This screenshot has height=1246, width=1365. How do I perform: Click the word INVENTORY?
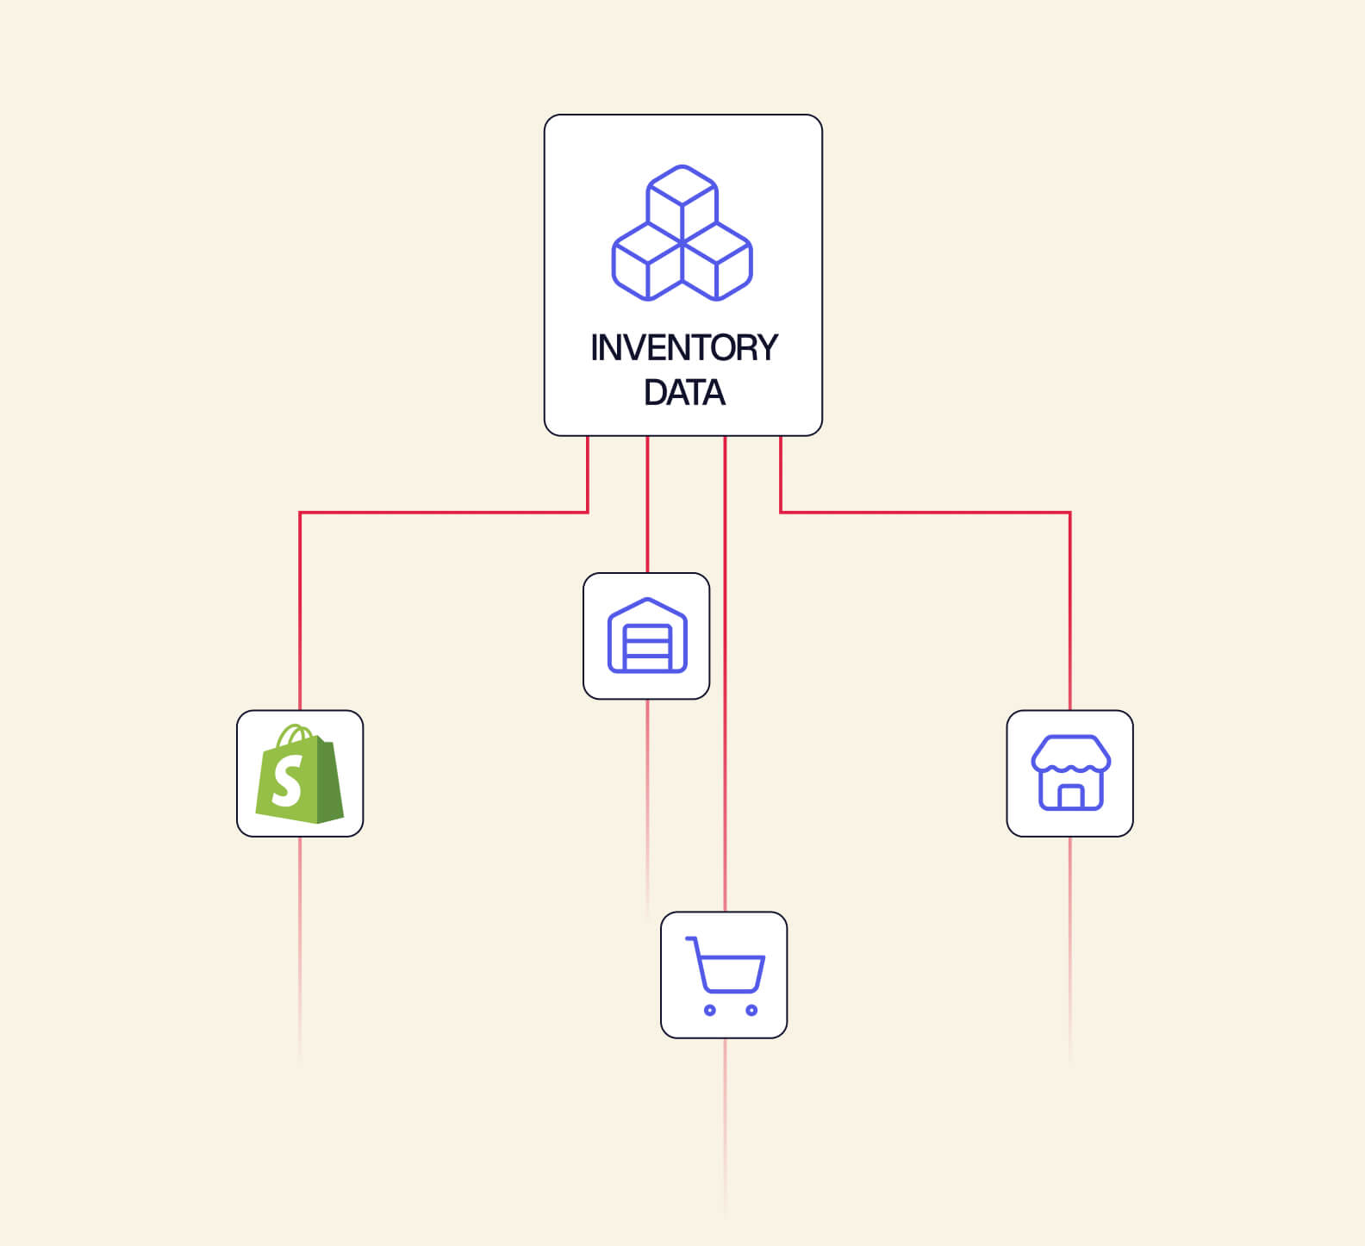684,348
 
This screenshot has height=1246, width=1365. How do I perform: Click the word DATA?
684,393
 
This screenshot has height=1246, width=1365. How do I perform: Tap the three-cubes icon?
682,233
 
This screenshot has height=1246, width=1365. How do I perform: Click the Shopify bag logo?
299,773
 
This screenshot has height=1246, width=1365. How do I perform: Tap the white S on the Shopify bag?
288,781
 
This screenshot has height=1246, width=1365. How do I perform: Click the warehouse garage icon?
647,635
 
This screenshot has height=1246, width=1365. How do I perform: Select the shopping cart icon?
725,975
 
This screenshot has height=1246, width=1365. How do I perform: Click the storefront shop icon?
1070,772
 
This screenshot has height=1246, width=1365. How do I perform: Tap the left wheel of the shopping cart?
710,1010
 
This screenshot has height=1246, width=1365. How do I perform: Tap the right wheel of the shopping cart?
751,1010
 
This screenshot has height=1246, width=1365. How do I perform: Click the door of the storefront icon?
1070,797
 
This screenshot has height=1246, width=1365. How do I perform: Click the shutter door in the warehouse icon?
647,648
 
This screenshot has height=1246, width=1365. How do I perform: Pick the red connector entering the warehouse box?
647,504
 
